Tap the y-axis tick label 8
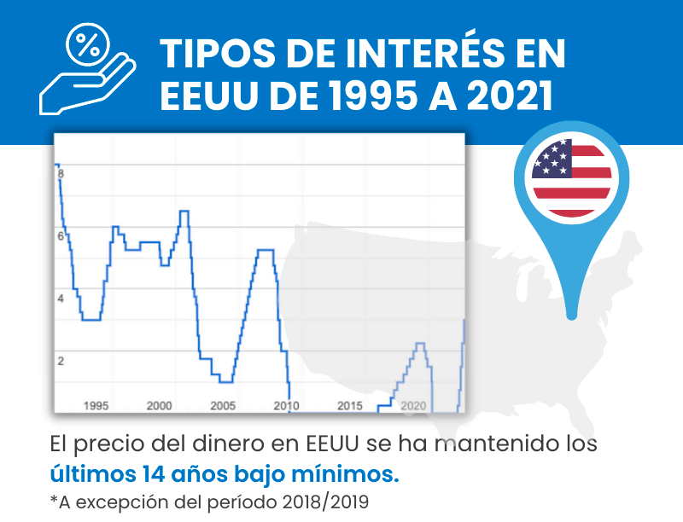(61, 174)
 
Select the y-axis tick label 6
(61, 236)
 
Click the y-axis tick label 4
(61, 299)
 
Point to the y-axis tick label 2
(61, 361)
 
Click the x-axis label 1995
(96, 405)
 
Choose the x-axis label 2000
(160, 405)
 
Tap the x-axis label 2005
(223, 405)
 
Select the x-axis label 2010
(286, 405)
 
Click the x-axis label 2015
(350, 405)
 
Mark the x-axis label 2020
(413, 405)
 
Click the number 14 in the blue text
(134, 472)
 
